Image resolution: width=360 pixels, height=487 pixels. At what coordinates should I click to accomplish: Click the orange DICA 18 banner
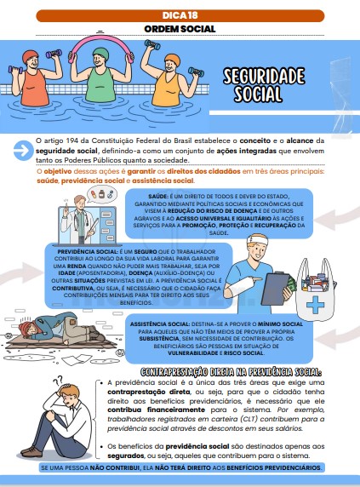point(180,15)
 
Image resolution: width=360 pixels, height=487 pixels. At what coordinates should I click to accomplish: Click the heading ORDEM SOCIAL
point(180,29)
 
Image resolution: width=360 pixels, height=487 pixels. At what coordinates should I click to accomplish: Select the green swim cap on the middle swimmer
point(101,53)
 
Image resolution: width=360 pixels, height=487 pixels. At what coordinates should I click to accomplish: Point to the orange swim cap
point(173,59)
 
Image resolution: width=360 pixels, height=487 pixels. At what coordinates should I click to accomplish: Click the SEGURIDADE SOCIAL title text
point(264,85)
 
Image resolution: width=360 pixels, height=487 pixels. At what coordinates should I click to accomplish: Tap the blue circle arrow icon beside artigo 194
point(23,151)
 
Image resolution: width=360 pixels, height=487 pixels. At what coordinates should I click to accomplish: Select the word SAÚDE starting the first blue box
point(158,197)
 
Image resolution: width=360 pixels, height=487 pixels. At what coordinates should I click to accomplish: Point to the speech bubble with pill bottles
point(101,194)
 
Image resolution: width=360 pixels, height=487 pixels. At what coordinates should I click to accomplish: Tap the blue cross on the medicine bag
point(315,305)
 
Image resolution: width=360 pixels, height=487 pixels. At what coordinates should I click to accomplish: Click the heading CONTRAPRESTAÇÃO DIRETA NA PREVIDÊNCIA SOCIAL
point(231,372)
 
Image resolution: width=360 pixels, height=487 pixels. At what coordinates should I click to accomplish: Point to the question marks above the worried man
point(58,380)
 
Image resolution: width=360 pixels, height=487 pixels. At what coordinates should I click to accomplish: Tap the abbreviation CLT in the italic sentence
point(249,419)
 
